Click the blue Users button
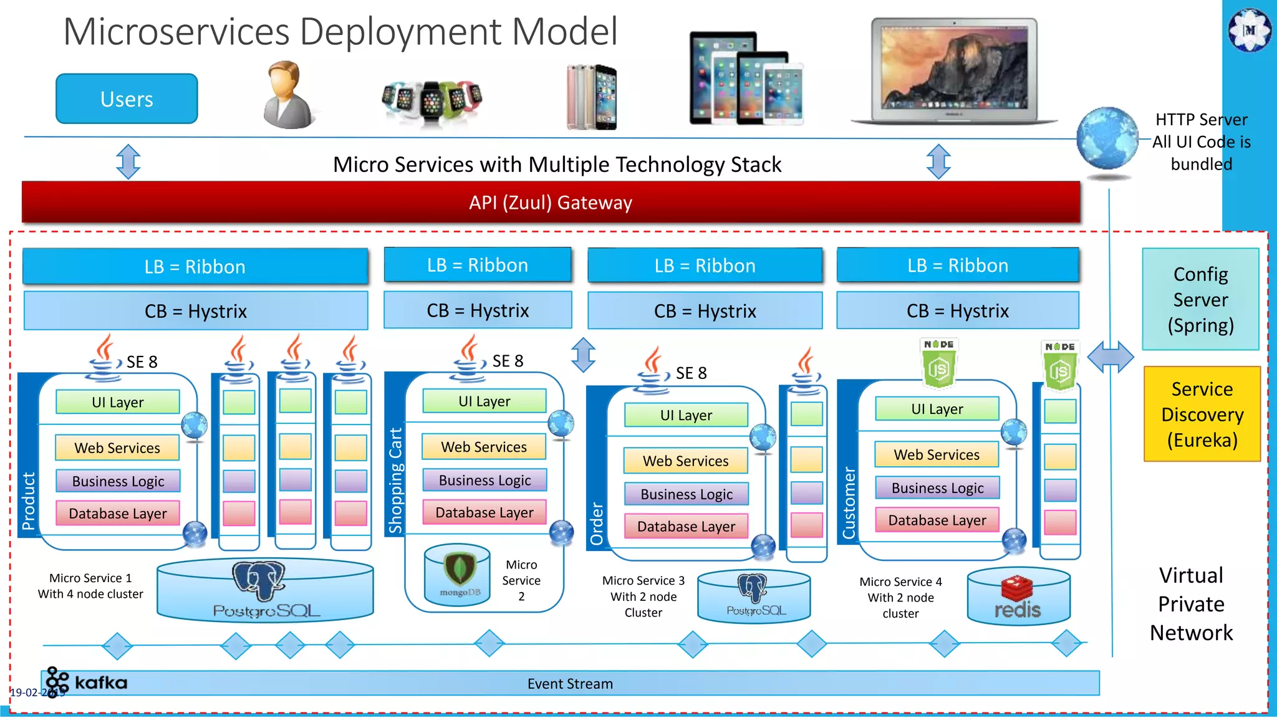[x=127, y=99]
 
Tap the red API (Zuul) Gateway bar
[x=551, y=203]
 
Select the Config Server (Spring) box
[x=1200, y=300]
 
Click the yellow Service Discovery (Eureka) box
[x=1202, y=414]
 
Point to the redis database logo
[x=1018, y=598]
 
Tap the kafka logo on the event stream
[x=87, y=682]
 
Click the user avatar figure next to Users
[x=287, y=95]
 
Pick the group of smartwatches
[x=431, y=102]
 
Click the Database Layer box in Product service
[x=118, y=514]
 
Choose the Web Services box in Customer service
[x=937, y=455]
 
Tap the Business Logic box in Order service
[x=687, y=494]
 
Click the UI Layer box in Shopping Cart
[x=484, y=401]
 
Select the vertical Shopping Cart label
[x=395, y=480]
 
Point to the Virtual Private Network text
[x=1191, y=604]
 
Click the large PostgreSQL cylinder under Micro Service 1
[x=266, y=591]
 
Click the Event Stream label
[x=570, y=684]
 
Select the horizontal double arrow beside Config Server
[x=1111, y=357]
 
